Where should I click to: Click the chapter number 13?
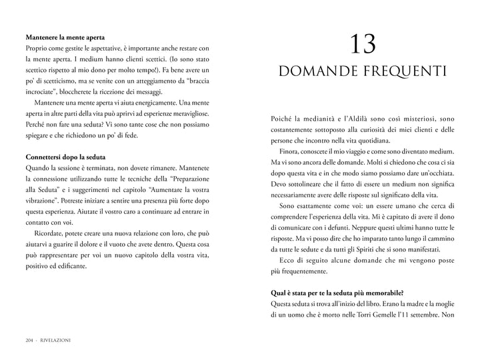[362, 45]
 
